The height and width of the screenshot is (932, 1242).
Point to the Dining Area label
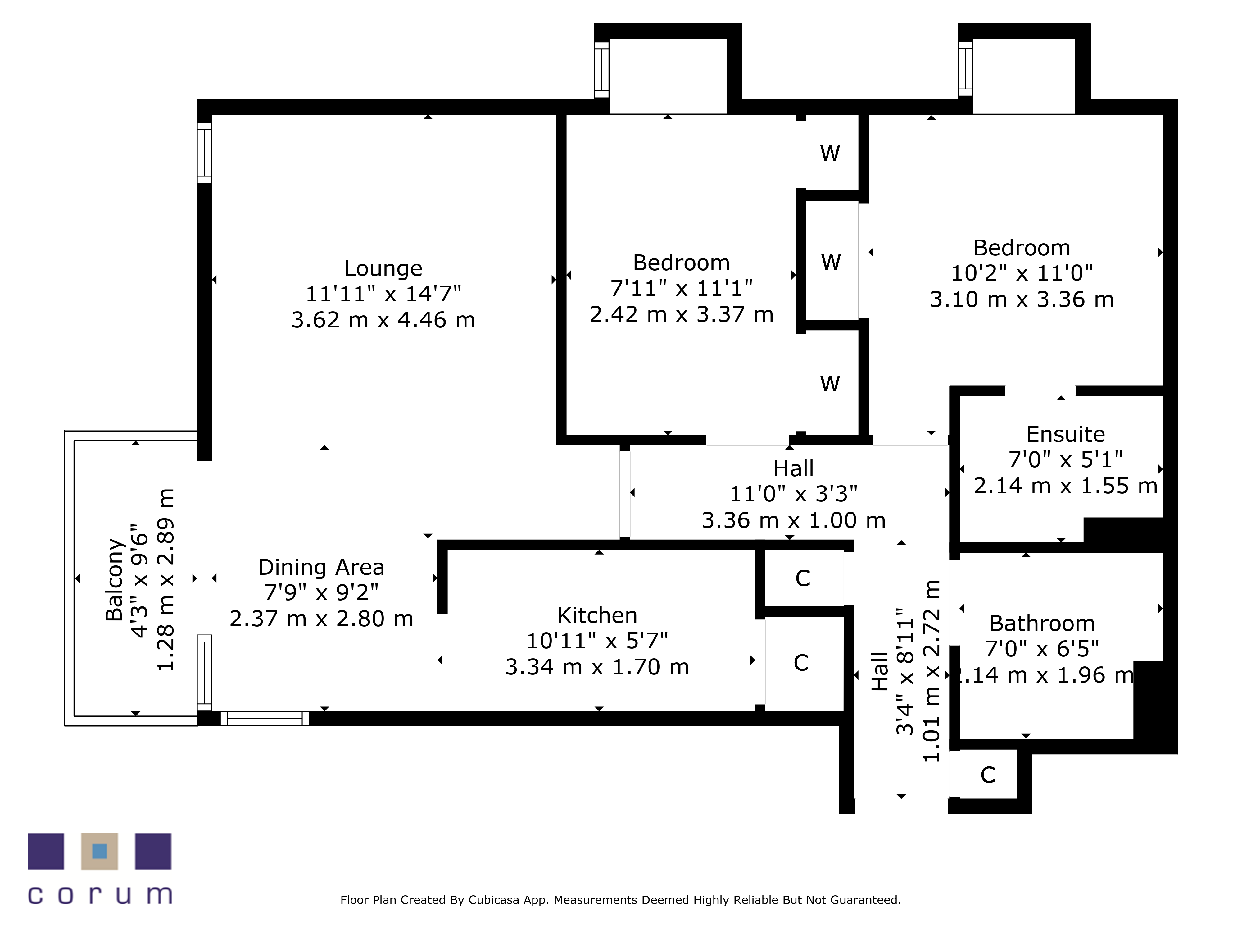321,567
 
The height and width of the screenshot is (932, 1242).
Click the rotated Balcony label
115,580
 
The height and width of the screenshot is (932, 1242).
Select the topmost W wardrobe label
830,153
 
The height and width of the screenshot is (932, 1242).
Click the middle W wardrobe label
831,262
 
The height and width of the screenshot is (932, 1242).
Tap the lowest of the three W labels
830,384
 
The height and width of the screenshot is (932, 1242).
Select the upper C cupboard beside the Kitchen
803,578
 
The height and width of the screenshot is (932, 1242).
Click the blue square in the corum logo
99,851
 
